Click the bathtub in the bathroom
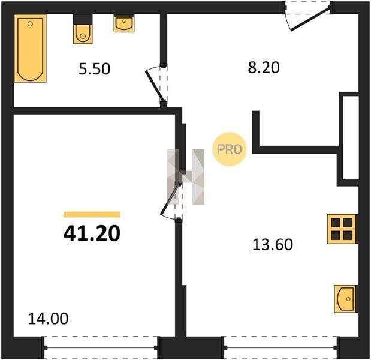point(30,49)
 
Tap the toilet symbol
point(83,29)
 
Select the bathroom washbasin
point(124,23)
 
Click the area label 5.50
point(95,69)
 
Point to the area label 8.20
point(264,67)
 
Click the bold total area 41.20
point(92,233)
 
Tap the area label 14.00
point(48,319)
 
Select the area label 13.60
point(273,245)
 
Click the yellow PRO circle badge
point(230,149)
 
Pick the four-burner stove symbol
point(342,229)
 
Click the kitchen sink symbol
point(345,299)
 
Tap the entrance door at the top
point(310,19)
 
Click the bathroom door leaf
point(155,86)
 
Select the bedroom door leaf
point(170,199)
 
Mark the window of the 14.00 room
point(101,347)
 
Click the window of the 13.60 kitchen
point(280,347)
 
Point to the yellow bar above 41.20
point(92,214)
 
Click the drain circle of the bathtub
point(30,23)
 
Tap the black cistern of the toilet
point(83,19)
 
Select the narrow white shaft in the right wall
point(351,137)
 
